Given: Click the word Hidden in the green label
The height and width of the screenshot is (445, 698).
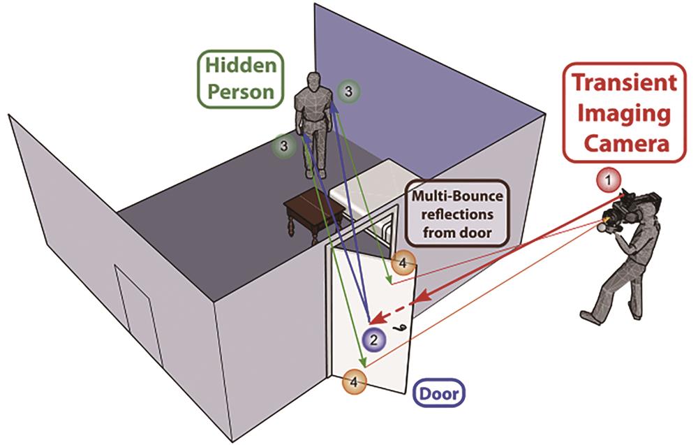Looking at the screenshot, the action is pyautogui.click(x=241, y=66).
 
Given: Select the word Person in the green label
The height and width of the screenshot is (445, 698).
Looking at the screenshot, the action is pyautogui.click(x=241, y=92).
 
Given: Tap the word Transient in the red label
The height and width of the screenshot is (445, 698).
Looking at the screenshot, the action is pyautogui.click(x=624, y=83).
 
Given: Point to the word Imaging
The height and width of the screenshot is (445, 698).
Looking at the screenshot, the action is pyautogui.click(x=624, y=113).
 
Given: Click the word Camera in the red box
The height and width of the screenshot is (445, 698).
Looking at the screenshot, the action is pyautogui.click(x=626, y=143).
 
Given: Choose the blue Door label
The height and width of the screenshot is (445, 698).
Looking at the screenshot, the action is pyautogui.click(x=439, y=393).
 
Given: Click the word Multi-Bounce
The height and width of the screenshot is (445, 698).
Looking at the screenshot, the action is pyautogui.click(x=457, y=196).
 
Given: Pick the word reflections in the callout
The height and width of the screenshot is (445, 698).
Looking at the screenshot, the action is pyautogui.click(x=457, y=214).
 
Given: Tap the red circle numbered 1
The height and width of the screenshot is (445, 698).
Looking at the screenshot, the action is pyautogui.click(x=609, y=181).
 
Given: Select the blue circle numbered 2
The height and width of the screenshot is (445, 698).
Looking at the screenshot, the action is pyautogui.click(x=373, y=340).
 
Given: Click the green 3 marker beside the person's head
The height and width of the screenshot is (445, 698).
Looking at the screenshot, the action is pyautogui.click(x=348, y=92).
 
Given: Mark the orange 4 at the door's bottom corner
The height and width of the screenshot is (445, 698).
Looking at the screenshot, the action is pyautogui.click(x=355, y=381).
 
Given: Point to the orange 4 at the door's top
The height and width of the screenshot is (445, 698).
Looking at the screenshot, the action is pyautogui.click(x=403, y=263).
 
